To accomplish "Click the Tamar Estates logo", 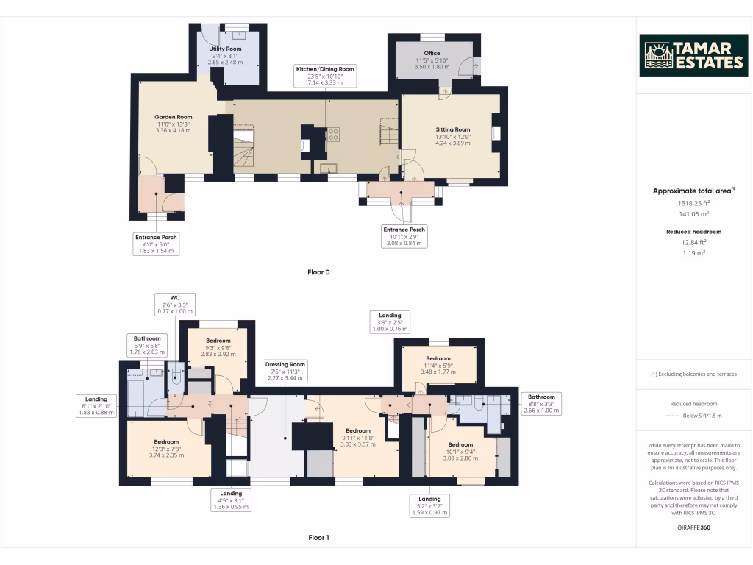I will pyautogui.click(x=694, y=55).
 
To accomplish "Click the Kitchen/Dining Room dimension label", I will pyautogui.click(x=325, y=76).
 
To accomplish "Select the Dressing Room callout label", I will pyautogui.click(x=286, y=372).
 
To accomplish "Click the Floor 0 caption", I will pyautogui.click(x=318, y=272).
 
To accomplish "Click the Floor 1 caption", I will pyautogui.click(x=318, y=537).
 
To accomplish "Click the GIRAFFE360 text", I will pyautogui.click(x=693, y=527).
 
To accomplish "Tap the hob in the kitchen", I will pyautogui.click(x=333, y=134).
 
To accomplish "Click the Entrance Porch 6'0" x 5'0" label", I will pyautogui.click(x=156, y=244).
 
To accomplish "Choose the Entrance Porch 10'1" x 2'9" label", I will pyautogui.click(x=404, y=236).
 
